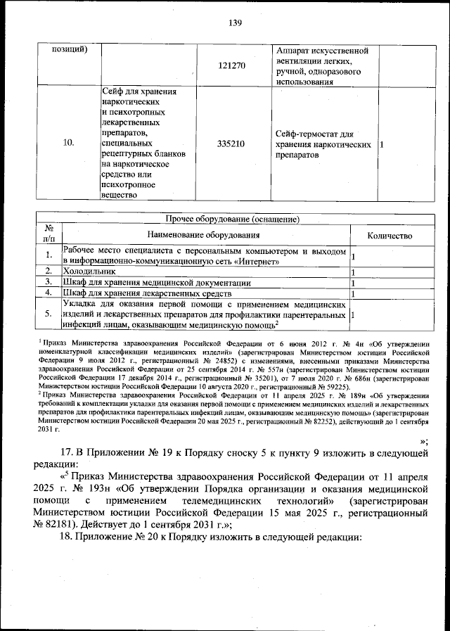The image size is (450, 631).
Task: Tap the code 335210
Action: click(x=231, y=144)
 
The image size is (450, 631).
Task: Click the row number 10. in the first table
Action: click(x=68, y=144)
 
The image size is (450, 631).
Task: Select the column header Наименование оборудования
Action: click(x=204, y=236)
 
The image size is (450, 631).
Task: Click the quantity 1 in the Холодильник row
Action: click(x=353, y=271)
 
